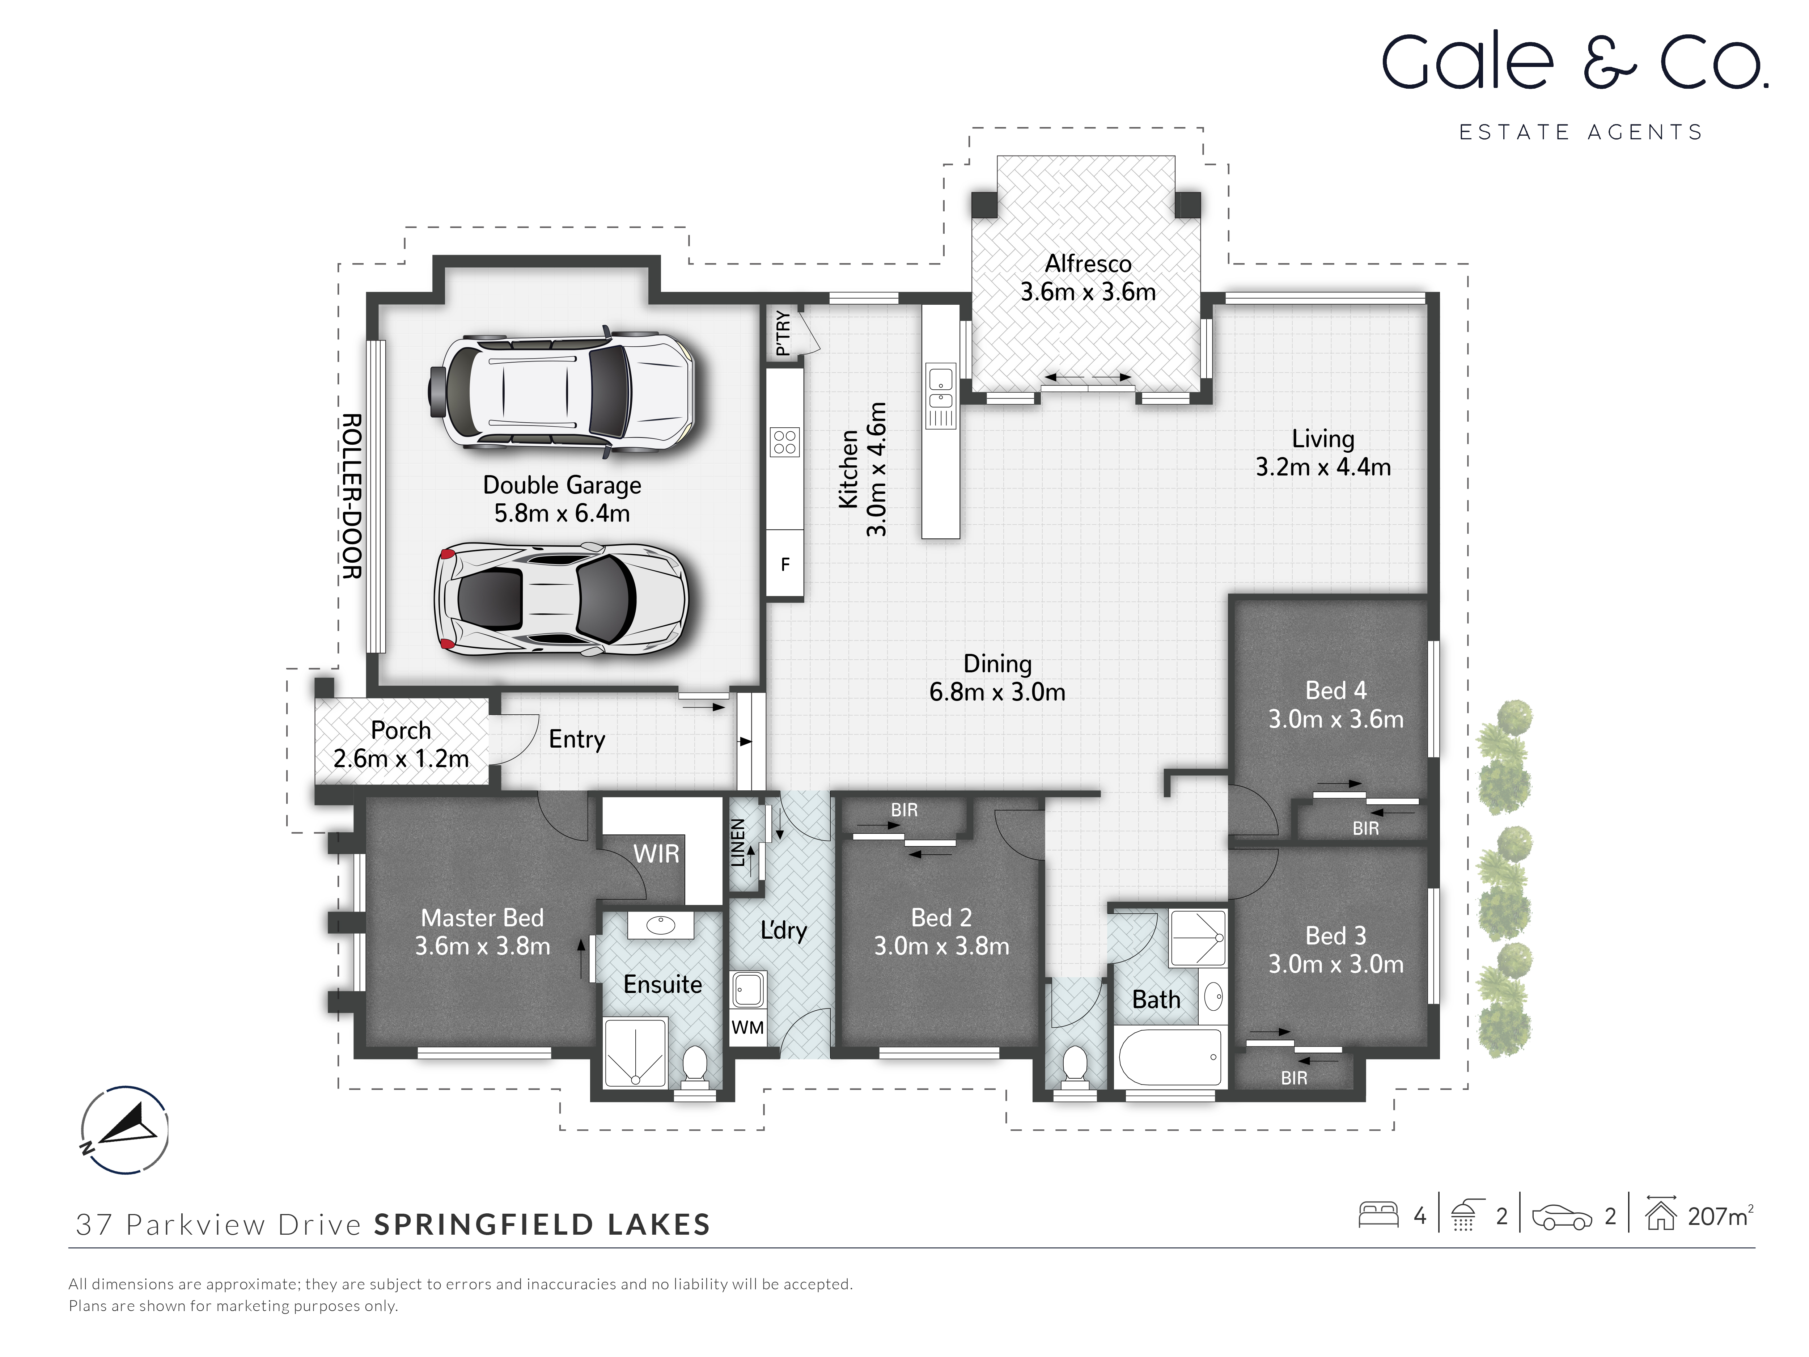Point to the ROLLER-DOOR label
[352, 496]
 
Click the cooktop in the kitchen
[784, 443]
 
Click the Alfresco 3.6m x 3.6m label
[1088, 278]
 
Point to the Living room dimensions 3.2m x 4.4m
[1322, 467]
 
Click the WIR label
[656, 854]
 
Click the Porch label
[401, 730]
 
